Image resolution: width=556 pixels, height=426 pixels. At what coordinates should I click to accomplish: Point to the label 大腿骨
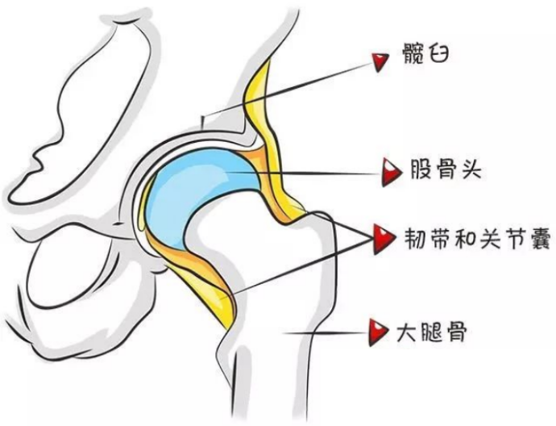[433, 331]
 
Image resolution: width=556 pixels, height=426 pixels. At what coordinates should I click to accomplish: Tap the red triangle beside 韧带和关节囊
[379, 236]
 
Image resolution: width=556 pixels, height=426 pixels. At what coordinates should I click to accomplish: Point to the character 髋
[413, 56]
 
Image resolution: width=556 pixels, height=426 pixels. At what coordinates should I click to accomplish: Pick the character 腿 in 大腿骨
[433, 331]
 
